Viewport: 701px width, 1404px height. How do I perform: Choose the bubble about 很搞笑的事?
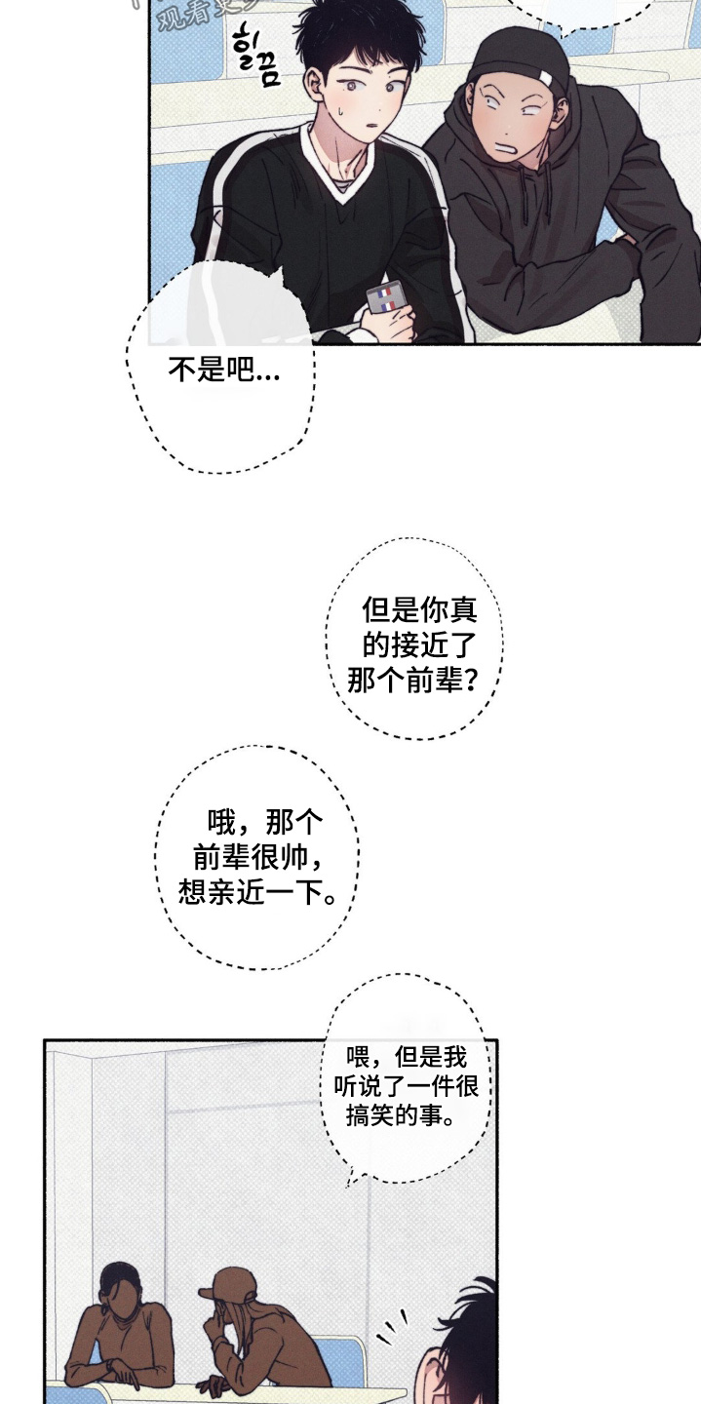406,1084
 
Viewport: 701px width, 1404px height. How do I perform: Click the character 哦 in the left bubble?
222,824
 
